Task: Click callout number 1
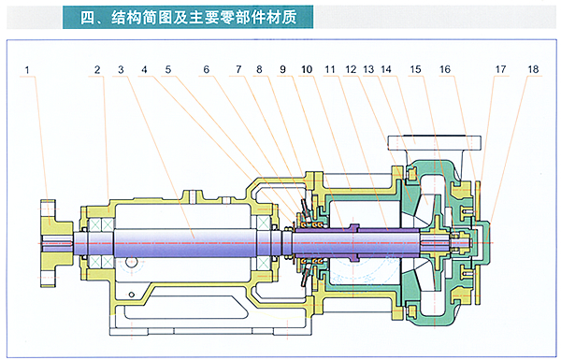[x=27, y=70]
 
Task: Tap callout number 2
[x=97, y=70]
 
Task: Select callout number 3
[x=121, y=69]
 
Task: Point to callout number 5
[x=168, y=69]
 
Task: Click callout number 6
[x=207, y=69]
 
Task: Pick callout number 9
[x=282, y=69]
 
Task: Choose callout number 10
[x=307, y=69]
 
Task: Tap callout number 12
[x=351, y=69]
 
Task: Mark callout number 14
[x=386, y=69]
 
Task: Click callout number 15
[x=415, y=69]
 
